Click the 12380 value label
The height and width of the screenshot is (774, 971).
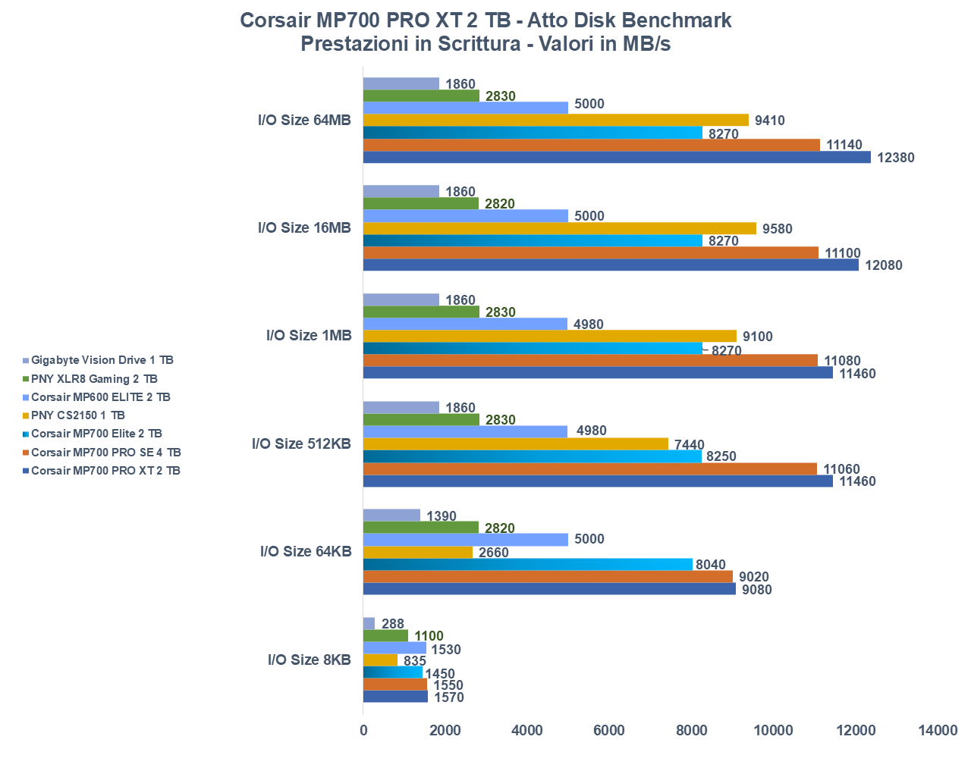[895, 158]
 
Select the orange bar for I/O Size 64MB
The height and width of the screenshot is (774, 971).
[592, 145]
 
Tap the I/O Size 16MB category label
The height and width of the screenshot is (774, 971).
[304, 227]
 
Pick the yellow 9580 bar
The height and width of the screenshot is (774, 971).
[560, 228]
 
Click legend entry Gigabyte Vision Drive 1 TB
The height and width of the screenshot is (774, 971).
[102, 360]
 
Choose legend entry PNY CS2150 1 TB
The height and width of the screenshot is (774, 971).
[77, 415]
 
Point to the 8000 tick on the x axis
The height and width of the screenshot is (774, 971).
[691, 730]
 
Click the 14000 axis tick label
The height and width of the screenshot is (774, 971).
[938, 730]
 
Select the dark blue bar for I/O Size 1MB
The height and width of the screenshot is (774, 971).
[598, 373]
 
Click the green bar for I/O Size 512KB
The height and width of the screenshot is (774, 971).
[421, 420]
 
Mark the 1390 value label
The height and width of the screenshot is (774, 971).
[442, 516]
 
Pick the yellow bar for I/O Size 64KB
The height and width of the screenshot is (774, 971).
[418, 553]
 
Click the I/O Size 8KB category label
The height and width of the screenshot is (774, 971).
[309, 660]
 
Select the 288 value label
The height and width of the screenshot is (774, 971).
[393, 624]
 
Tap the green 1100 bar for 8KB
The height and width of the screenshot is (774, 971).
[385, 636]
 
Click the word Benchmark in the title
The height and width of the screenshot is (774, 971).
[668, 20]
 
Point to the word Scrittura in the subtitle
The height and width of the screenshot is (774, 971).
[477, 43]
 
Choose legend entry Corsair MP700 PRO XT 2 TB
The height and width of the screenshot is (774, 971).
[105, 471]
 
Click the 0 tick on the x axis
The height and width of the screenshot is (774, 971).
[363, 730]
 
